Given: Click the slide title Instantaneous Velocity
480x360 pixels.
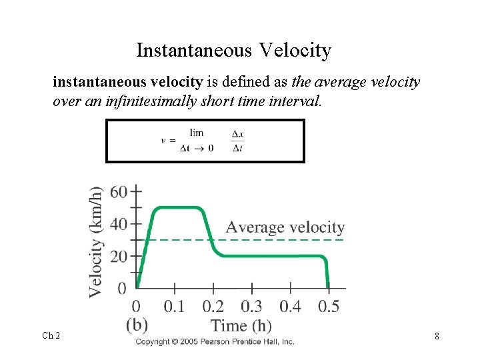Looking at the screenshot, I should (233, 50).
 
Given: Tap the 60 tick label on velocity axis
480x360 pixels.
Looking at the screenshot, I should (119, 192).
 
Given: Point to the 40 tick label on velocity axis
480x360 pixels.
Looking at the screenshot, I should (119, 224).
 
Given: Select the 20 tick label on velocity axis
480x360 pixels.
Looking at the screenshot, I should (119, 257).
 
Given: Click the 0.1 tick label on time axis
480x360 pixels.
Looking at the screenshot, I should (175, 306).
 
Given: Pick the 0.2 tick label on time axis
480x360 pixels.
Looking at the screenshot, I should (213, 306).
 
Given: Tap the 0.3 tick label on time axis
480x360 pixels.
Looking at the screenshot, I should (251, 306).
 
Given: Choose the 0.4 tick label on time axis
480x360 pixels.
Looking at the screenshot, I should (290, 306).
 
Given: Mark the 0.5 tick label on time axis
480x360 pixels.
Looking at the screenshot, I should (328, 306).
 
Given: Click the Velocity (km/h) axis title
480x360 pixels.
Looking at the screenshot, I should (97, 241).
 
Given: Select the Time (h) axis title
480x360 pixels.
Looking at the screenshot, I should (241, 326).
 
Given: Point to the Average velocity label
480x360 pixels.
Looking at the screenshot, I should (285, 227).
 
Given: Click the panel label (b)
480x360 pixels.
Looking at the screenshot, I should (137, 325).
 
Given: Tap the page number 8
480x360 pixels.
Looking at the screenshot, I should (437, 336).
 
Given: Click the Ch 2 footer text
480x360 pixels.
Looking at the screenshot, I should (51, 335).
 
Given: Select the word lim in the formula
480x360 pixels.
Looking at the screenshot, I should (197, 133).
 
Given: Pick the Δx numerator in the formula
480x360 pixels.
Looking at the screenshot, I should (237, 133).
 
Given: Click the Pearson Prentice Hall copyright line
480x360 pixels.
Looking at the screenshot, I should (215, 341).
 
